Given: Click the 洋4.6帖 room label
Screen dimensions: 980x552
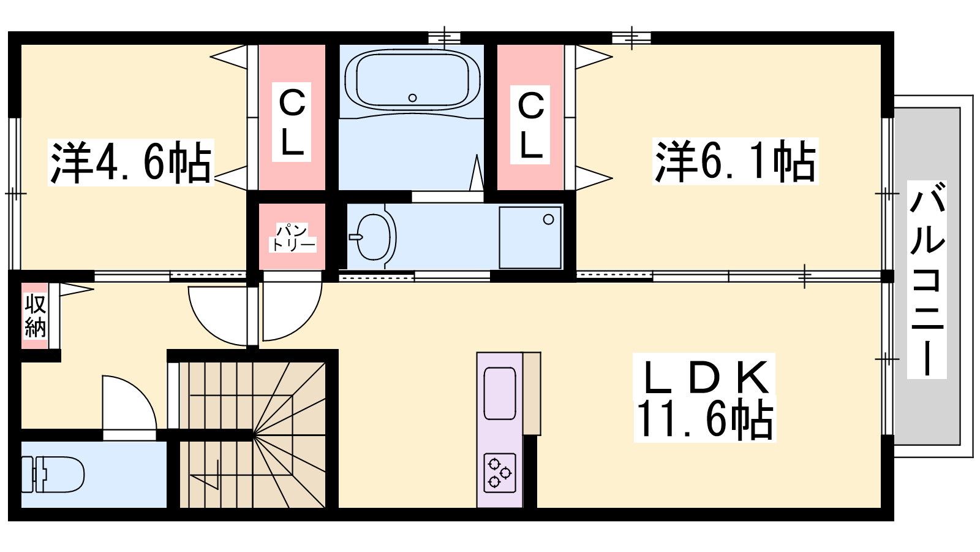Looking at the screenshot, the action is point(131,162).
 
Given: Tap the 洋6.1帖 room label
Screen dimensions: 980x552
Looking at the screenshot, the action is point(736,161).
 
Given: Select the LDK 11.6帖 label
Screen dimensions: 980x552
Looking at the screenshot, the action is point(705,398).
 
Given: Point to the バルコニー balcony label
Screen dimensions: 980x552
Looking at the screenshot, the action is point(927,280).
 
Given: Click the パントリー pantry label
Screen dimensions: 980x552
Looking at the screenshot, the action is point(292,237).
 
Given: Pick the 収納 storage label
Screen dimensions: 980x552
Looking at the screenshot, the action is point(35,316).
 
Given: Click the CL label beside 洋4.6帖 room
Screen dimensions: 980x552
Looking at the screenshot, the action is point(292,122).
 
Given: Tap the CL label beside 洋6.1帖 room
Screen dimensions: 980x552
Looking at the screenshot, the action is point(530,125).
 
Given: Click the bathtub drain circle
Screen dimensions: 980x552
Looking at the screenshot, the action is point(412,98).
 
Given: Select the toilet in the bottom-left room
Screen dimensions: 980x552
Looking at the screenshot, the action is point(53,475).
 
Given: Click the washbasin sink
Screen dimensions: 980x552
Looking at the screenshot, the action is point(373,237).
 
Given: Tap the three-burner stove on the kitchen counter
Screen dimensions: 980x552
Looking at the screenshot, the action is point(500,473).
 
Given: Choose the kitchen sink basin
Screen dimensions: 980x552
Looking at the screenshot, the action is point(500,393).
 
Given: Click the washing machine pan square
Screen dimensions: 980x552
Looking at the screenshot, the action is point(530,237).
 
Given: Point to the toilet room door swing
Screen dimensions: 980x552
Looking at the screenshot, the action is point(129,407).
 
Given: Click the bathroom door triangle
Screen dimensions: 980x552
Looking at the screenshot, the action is point(477,172).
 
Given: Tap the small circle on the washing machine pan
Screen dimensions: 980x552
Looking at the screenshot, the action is point(548,220).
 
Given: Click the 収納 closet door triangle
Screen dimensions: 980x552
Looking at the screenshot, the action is point(77,289).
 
